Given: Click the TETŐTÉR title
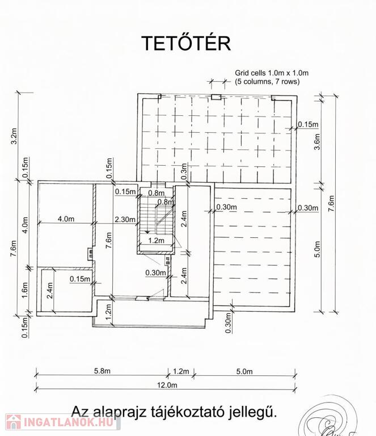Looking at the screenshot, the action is pyautogui.click(x=186, y=43).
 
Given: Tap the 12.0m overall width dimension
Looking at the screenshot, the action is pyautogui.click(x=167, y=385).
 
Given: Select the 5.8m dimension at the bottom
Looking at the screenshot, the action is pyautogui.click(x=102, y=371).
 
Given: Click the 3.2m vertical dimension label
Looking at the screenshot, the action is pyautogui.click(x=14, y=136).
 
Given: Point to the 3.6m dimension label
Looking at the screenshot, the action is pyautogui.click(x=317, y=142).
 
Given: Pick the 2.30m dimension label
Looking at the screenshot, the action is pyautogui.click(x=125, y=219).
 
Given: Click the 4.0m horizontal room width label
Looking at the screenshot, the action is pyautogui.click(x=66, y=219).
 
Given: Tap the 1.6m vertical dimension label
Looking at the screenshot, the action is pyautogui.click(x=25, y=290).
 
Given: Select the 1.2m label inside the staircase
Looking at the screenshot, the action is pyautogui.click(x=157, y=240).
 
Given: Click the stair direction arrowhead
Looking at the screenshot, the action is pyautogui.click(x=147, y=231).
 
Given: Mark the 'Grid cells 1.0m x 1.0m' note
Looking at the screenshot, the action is pyautogui.click(x=272, y=73).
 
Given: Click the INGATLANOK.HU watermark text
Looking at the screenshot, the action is pyautogui.click(x=69, y=422).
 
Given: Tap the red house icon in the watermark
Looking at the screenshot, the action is pyautogui.click(x=14, y=422).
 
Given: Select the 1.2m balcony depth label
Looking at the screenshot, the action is pyautogui.click(x=108, y=312).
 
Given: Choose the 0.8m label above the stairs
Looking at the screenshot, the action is pyautogui.click(x=156, y=192).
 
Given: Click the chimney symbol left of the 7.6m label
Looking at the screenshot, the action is pyautogui.click(x=91, y=254).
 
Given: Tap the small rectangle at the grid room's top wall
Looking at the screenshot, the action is pyautogui.click(x=216, y=97).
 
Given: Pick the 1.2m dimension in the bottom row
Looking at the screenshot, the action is pyautogui.click(x=181, y=371).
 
